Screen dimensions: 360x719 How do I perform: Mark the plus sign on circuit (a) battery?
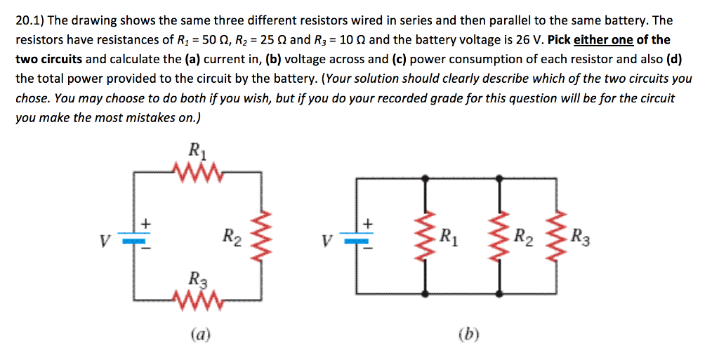point(146,224)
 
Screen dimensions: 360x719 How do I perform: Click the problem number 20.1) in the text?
point(31,21)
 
